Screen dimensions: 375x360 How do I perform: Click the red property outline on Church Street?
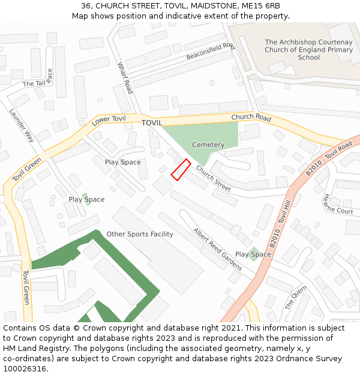(x=181, y=169)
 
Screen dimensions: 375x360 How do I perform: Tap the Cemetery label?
(x=208, y=145)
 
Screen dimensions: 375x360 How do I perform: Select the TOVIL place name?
(x=152, y=123)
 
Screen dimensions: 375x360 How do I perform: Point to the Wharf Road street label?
(x=125, y=78)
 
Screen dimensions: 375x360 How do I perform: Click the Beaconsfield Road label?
(x=211, y=51)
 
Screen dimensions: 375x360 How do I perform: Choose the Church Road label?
(x=251, y=118)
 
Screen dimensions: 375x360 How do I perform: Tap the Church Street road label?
(x=214, y=179)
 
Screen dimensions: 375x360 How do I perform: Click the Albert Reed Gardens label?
(x=217, y=249)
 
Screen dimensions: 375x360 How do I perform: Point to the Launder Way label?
(x=22, y=125)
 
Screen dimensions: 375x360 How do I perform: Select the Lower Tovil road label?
(x=109, y=121)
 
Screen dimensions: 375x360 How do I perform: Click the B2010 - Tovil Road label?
(x=329, y=159)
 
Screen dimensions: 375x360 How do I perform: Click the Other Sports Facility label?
(x=140, y=234)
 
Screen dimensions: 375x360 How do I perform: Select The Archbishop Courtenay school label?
(x=309, y=50)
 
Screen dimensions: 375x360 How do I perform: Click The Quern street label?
(x=296, y=298)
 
